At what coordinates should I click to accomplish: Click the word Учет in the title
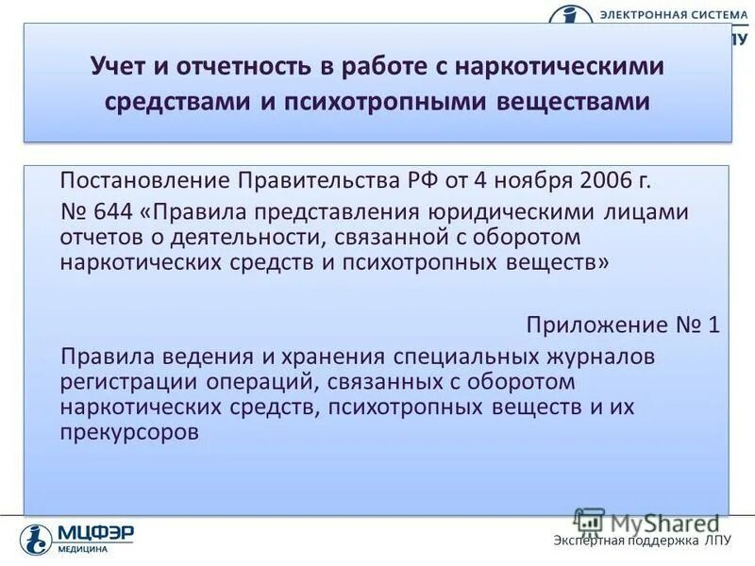point(119,68)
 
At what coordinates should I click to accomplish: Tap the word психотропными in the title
point(385,102)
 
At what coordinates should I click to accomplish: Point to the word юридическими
point(526,210)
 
